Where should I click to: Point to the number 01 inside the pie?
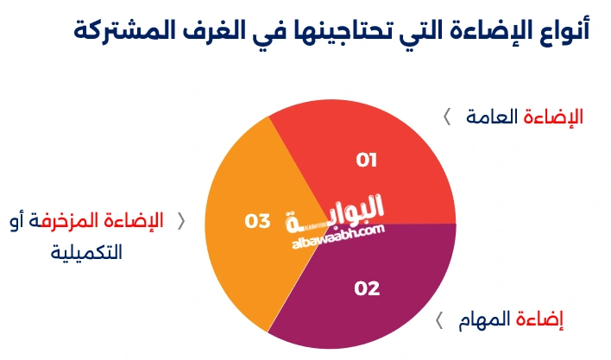(x=368, y=160)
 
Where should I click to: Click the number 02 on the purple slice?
(x=368, y=288)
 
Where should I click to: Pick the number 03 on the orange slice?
(x=257, y=222)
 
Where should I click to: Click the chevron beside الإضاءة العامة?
(x=447, y=117)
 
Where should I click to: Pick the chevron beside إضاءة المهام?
(x=439, y=321)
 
